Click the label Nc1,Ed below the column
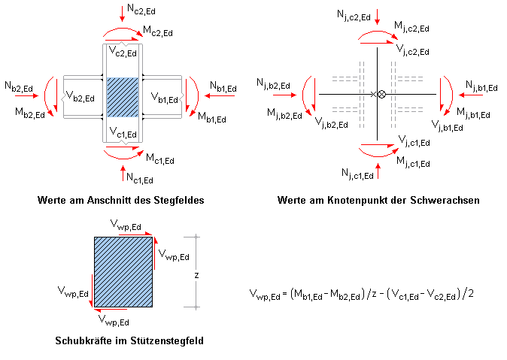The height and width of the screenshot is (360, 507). pos(138,178)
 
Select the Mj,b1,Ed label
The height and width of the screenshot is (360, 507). pos(473,114)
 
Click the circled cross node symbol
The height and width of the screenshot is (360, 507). pos(381,94)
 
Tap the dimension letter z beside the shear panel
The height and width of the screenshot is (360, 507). pos(196,275)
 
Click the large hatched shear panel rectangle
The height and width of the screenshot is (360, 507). pos(123,273)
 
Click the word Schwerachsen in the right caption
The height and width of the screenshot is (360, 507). pos(444,201)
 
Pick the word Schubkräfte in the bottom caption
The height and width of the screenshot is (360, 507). pos(80,340)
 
